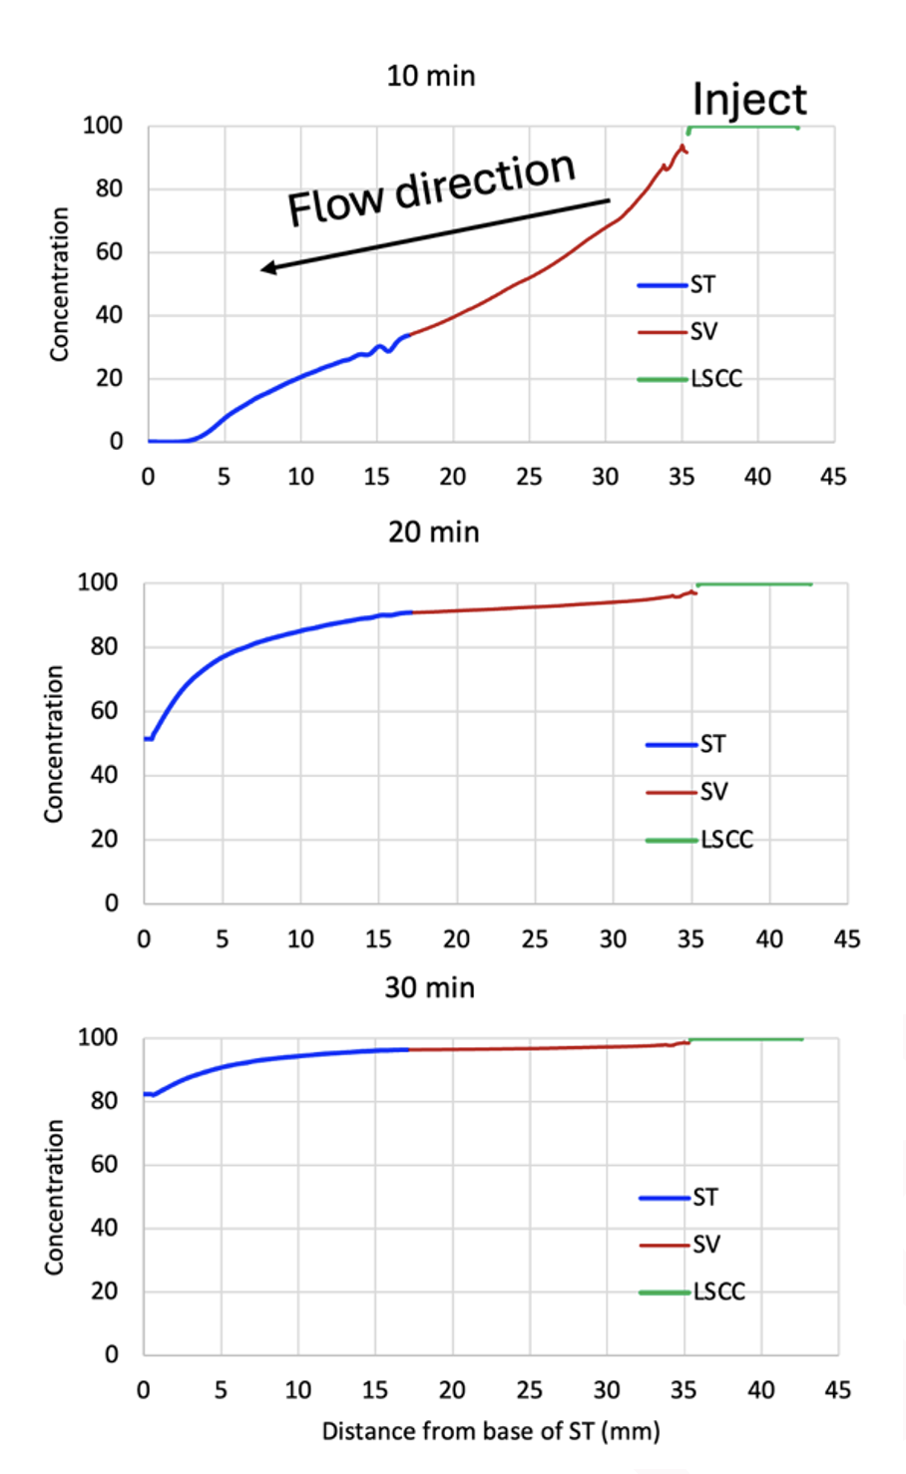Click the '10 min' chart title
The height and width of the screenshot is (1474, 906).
pos(431,76)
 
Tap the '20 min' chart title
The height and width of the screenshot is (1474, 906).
pos(434,532)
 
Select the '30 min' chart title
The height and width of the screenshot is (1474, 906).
pos(430,987)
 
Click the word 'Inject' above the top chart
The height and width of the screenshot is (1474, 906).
pos(749,100)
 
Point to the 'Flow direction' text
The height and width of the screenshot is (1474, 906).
pos(431,188)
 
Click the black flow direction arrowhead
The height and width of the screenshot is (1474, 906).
pos(267,267)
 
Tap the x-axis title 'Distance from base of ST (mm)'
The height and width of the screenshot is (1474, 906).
pos(491,1432)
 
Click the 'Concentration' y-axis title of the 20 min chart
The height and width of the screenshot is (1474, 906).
pos(54,744)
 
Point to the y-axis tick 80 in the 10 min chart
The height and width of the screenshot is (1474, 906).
pos(103,188)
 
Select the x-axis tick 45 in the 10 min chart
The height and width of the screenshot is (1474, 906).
pos(833,477)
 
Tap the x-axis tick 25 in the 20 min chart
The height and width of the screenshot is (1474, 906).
pos(535,938)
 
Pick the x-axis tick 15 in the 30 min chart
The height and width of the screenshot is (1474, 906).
pos(375,1389)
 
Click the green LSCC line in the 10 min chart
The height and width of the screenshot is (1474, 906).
pos(743,127)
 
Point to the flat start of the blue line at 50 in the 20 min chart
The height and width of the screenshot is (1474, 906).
pos(148,738)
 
